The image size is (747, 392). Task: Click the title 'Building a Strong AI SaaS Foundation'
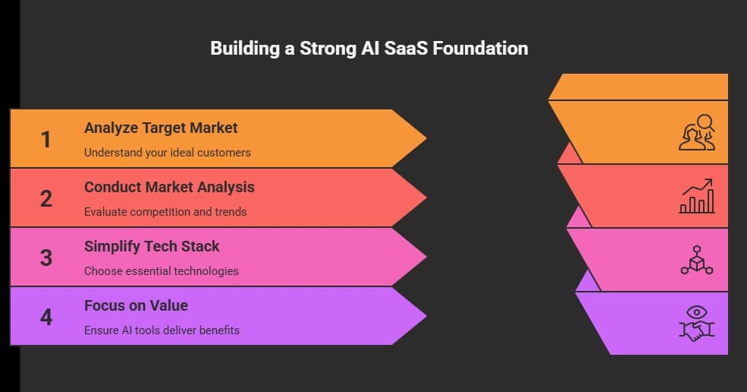click(369, 49)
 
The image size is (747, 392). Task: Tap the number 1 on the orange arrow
click(46, 139)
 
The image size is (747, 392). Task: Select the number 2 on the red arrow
click(46, 198)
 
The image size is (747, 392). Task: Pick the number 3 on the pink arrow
click(46, 258)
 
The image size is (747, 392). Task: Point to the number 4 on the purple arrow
click(46, 316)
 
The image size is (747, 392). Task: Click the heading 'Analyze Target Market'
click(161, 128)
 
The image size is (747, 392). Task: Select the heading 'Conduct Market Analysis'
click(169, 187)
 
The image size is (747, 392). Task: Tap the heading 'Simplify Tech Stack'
click(152, 246)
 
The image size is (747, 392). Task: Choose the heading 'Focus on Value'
click(136, 305)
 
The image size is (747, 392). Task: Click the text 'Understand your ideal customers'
click(167, 153)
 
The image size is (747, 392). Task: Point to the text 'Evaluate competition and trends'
click(165, 212)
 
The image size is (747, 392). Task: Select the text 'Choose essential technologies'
click(161, 271)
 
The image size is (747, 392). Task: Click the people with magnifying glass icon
click(696, 132)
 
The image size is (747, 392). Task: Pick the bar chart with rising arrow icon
click(696, 197)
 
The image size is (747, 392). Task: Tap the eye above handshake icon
click(696, 322)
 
